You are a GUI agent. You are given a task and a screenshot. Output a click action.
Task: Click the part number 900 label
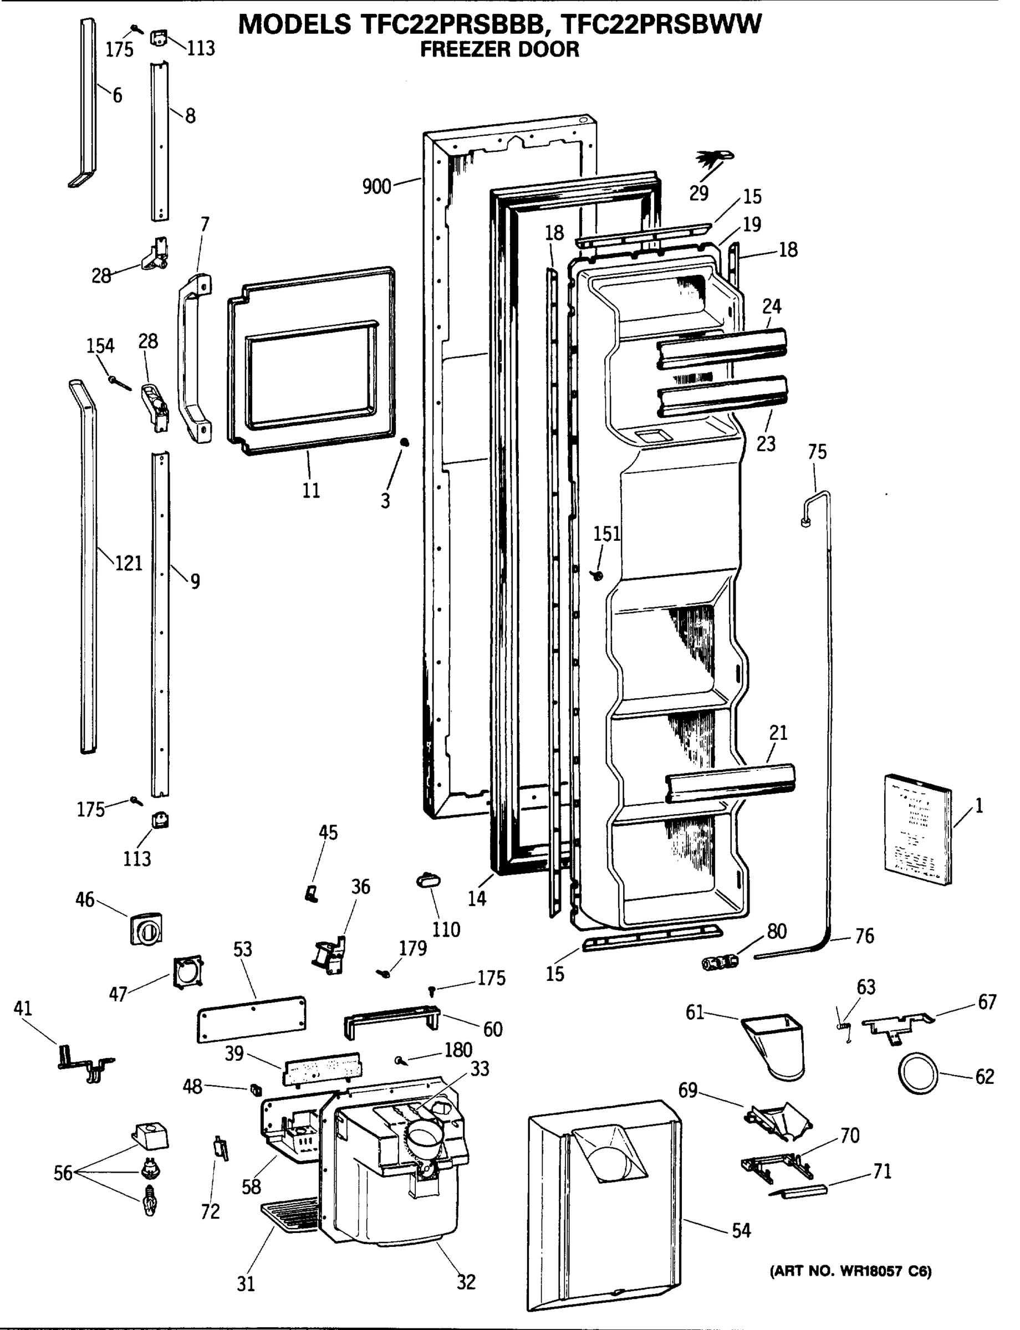(x=376, y=186)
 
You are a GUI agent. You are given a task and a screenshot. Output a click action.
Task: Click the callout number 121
(x=128, y=564)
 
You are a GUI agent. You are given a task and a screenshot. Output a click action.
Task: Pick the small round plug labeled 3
(x=405, y=443)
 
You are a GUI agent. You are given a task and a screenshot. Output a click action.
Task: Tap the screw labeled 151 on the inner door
(x=599, y=575)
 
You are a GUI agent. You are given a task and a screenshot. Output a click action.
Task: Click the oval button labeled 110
(x=429, y=880)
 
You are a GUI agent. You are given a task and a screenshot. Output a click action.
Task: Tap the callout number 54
(x=741, y=1230)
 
